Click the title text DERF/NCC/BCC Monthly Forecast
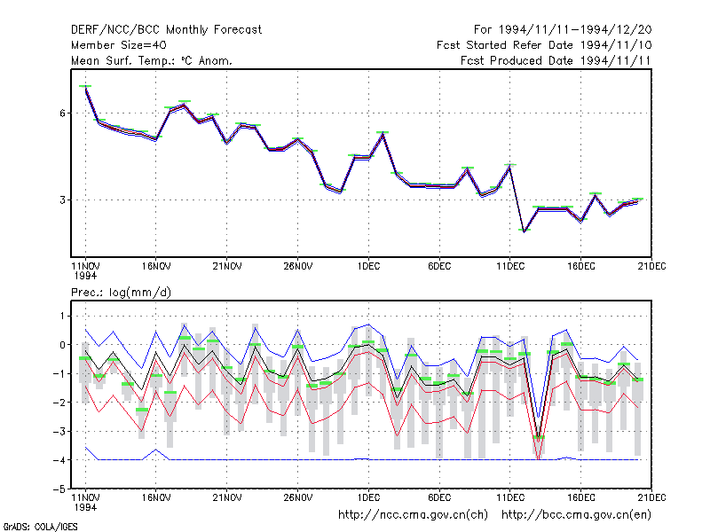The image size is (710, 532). (166, 30)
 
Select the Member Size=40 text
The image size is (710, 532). (119, 45)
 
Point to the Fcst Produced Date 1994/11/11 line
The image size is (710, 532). (556, 60)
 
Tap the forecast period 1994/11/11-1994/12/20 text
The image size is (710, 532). (563, 30)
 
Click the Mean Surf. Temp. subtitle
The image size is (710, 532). (152, 60)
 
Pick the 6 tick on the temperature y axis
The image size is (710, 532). (62, 113)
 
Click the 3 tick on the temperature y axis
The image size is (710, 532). (62, 200)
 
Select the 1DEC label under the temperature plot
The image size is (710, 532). (368, 266)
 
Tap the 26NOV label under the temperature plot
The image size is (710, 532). (298, 266)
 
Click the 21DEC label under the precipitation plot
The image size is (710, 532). (651, 497)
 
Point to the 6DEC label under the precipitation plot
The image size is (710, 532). (439, 497)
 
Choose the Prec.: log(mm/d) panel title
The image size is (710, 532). (121, 293)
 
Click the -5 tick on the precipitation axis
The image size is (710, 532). (59, 489)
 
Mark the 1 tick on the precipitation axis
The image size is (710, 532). (62, 316)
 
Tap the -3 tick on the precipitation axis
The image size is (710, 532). (59, 431)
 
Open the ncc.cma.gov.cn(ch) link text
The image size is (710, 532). (413, 515)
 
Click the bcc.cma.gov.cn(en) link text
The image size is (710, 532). (576, 515)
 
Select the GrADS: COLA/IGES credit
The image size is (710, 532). (40, 527)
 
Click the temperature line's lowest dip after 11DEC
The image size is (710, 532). (525, 231)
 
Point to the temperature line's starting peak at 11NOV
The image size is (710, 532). (85, 88)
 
